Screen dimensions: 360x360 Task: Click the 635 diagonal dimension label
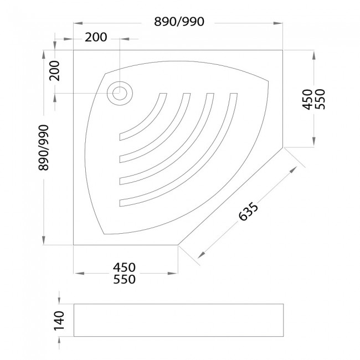pyautogui.click(x=249, y=211)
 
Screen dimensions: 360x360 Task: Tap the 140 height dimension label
pyautogui.click(x=59, y=321)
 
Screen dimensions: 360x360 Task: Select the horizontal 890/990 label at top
pyautogui.click(x=179, y=22)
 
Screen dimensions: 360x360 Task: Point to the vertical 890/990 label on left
pyautogui.click(x=44, y=148)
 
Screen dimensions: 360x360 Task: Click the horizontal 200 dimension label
pyautogui.click(x=96, y=37)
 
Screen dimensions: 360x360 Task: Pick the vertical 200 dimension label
pyautogui.click(x=54, y=71)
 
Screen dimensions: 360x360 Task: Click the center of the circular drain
pyautogui.click(x=120, y=93)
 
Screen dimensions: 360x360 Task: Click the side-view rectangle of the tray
pyautogui.click(x=179, y=320)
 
